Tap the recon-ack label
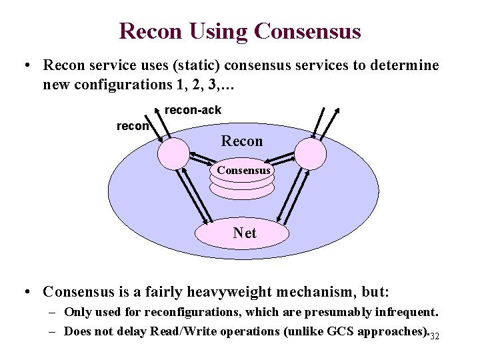pyautogui.click(x=193, y=109)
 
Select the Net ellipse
pyautogui.click(x=243, y=233)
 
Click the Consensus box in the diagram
pyautogui.click(x=243, y=171)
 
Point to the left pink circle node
pyautogui.click(x=173, y=153)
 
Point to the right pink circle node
pyautogui.click(x=311, y=153)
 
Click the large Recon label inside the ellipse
pyautogui.click(x=242, y=141)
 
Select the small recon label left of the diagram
pyautogui.click(x=133, y=125)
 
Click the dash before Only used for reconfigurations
pyautogui.click(x=51, y=312)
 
